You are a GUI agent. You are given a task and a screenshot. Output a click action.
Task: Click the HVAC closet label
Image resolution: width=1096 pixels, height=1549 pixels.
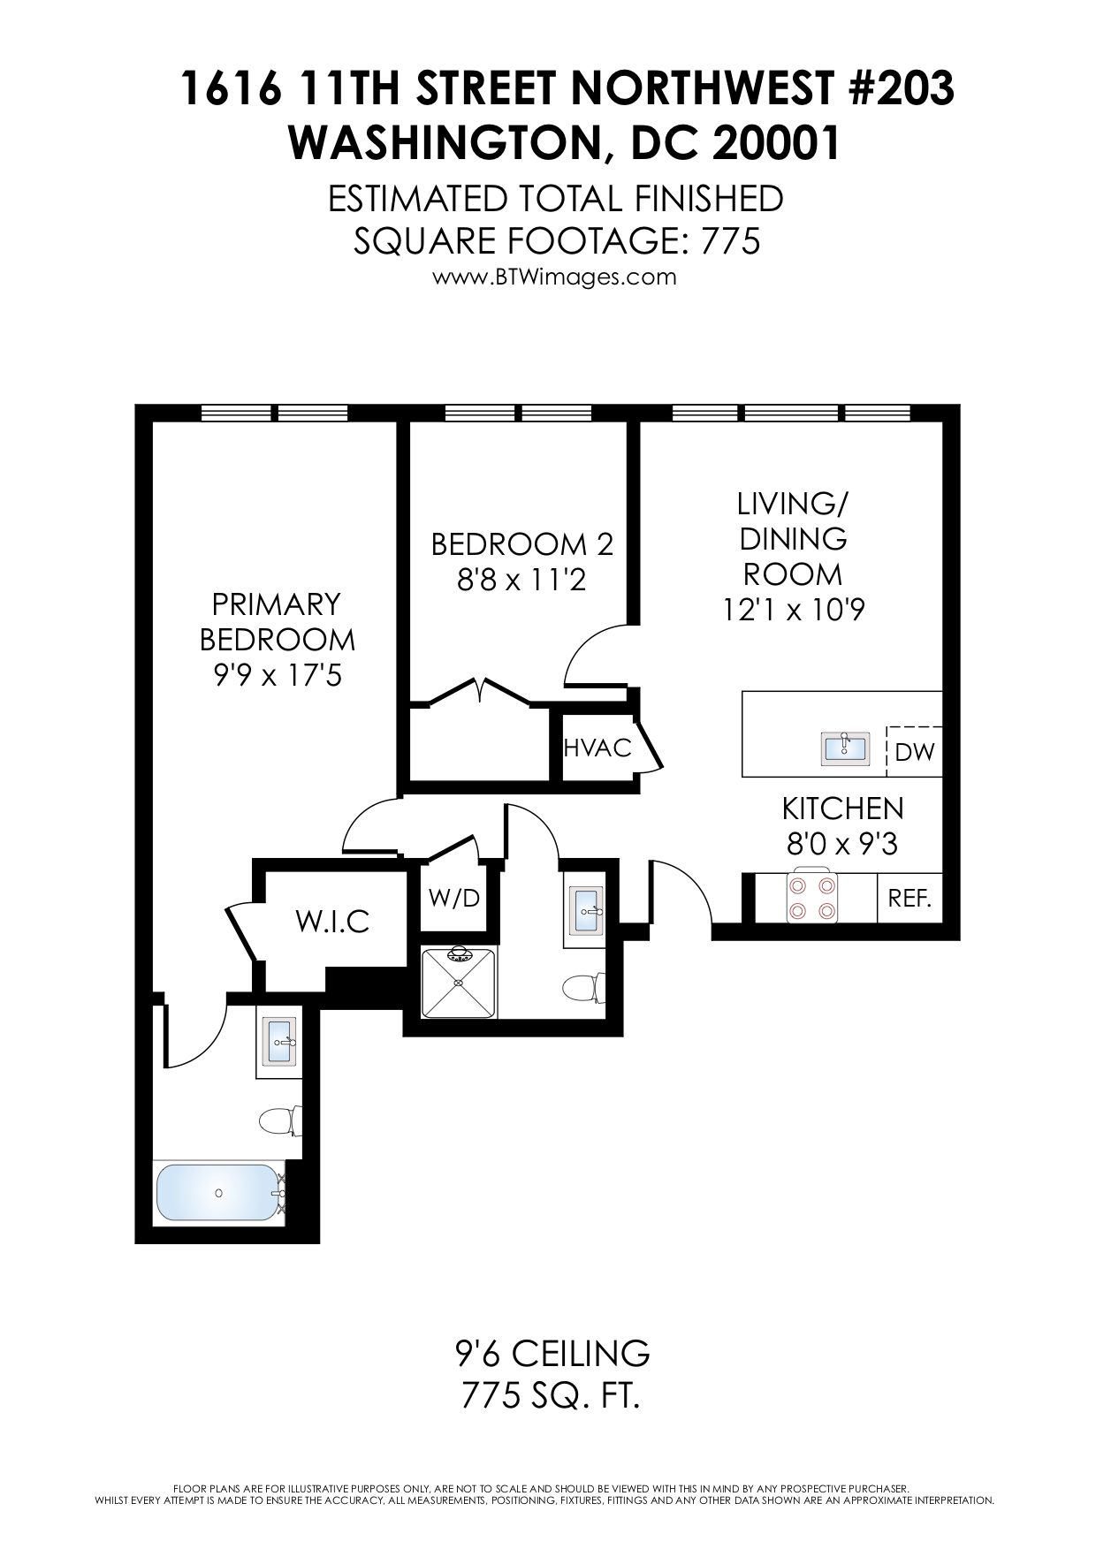597,748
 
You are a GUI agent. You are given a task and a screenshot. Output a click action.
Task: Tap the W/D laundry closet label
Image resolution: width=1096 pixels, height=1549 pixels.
453,898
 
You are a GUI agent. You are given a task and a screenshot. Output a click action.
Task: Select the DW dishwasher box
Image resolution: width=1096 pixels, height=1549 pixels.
914,751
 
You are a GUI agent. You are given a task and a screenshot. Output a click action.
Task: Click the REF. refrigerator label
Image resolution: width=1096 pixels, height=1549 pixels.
910,900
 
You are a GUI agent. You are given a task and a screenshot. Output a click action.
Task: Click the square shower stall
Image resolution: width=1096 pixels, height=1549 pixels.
459,982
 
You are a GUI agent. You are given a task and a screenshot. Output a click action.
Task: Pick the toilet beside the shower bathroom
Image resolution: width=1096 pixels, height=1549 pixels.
584,987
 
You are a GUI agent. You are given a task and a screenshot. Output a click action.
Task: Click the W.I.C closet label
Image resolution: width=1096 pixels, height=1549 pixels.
332,922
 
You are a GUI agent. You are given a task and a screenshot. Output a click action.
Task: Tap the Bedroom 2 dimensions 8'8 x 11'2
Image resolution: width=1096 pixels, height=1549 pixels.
521,581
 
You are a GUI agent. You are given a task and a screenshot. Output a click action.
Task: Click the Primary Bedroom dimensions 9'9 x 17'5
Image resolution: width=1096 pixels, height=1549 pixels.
277,676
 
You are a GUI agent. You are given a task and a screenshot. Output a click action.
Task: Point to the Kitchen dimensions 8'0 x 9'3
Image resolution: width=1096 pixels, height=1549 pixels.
842,846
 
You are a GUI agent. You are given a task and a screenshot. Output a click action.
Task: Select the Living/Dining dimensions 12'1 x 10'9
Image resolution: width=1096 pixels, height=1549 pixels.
793,610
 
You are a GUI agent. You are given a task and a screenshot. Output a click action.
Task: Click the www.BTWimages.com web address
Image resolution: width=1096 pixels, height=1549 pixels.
554,277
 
